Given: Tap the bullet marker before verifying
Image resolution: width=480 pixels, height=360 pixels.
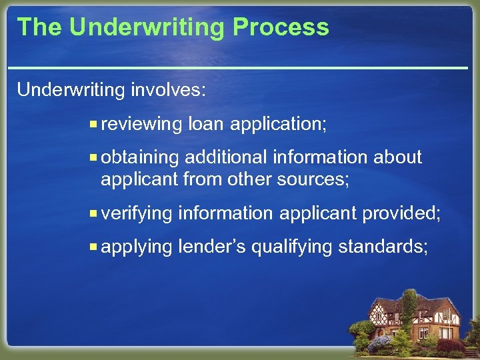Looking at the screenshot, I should (x=94, y=213).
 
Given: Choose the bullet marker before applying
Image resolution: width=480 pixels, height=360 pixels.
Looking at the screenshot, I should (x=94, y=247).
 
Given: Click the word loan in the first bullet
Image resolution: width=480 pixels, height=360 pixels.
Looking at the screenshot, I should (x=206, y=124).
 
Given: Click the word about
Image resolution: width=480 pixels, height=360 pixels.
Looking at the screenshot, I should (x=397, y=157).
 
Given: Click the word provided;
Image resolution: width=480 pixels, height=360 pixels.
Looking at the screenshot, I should (x=401, y=213).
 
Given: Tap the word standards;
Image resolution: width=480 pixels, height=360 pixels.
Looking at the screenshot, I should (x=383, y=247).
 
